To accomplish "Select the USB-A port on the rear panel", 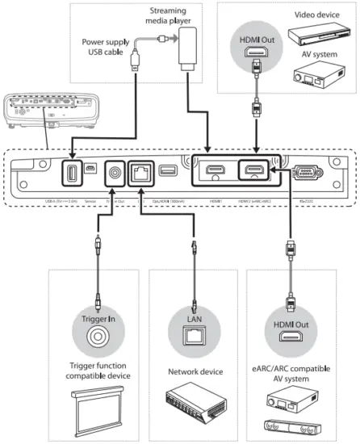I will click(69, 172).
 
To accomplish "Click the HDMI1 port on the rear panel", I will click(215, 172).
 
